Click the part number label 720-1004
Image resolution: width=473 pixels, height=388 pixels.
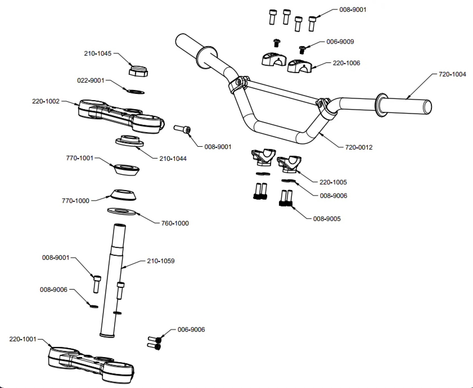coord(452,74)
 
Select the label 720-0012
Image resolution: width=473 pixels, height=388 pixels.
coord(359,147)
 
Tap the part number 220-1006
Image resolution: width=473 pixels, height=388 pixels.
coord(346,63)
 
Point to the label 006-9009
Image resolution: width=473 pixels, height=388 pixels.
coord(340,42)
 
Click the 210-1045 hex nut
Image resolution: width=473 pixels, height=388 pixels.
coord(138,71)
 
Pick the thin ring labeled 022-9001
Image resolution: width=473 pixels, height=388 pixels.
coord(136,92)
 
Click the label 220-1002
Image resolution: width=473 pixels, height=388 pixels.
coord(46,101)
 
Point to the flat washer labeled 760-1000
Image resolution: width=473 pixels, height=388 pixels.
coord(122,211)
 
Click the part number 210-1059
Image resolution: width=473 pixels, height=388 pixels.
coord(161,261)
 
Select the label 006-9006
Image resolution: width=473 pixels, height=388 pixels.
coord(191,330)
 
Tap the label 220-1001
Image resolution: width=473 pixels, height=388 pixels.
coord(23,339)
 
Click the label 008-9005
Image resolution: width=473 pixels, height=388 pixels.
coord(327,219)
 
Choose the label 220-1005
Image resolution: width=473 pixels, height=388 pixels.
coord(333,182)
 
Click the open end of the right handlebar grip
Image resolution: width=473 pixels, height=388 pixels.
coord(427,107)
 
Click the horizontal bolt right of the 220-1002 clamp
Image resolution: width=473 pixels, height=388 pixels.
coord(182,130)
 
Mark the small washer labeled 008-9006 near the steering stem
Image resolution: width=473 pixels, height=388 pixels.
coord(93,306)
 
